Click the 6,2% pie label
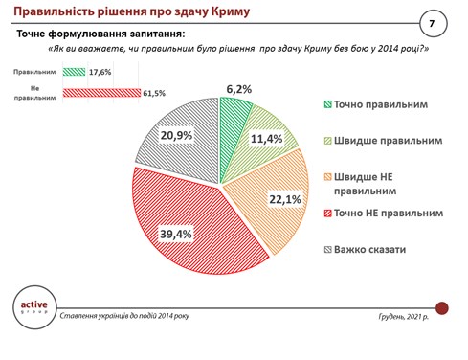coord(238,89)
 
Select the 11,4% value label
coord(266,139)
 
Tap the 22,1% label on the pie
coord(272,199)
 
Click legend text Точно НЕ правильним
coord(393,214)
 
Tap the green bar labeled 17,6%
coord(74,71)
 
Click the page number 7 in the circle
coord(432,22)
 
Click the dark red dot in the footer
coord(442,307)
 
